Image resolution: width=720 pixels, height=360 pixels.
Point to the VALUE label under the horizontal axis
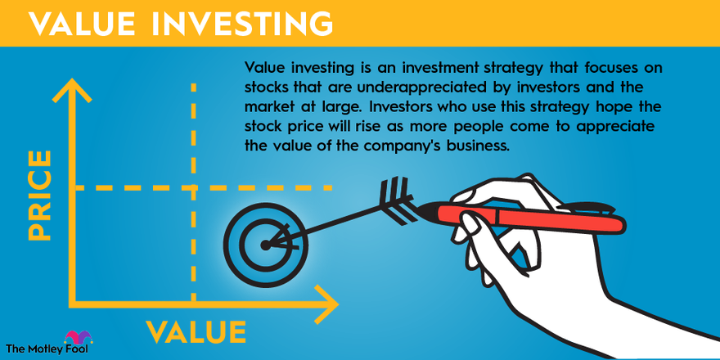coord(196,332)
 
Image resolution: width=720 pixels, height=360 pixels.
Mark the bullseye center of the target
coord(265,244)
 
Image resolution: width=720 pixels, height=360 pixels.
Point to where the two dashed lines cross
coord(193,187)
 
